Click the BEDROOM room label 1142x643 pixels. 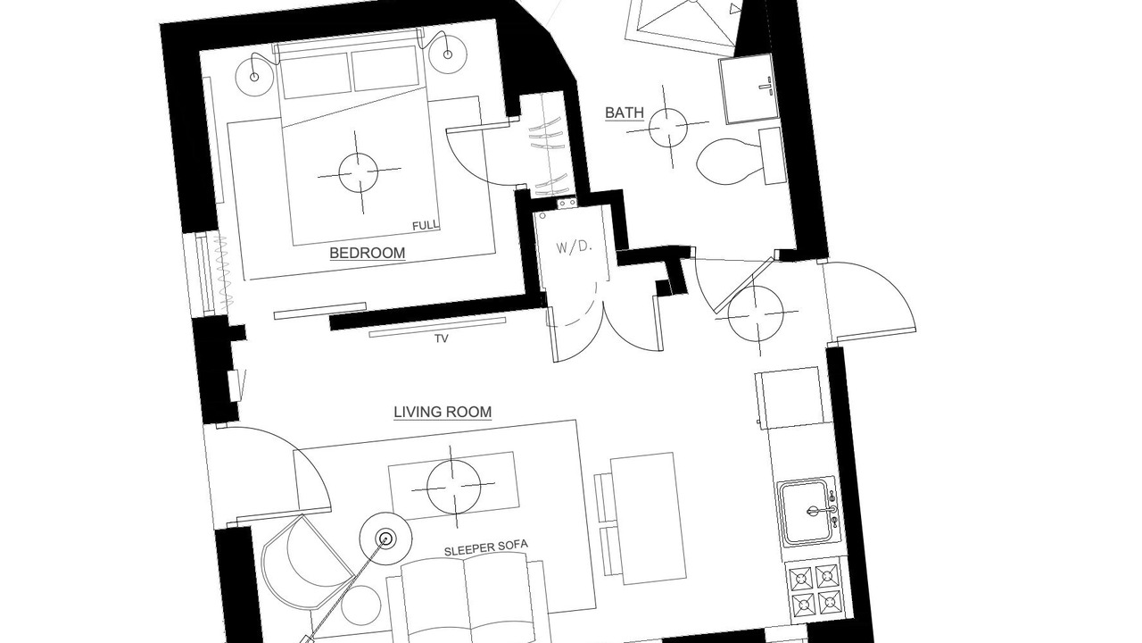367,253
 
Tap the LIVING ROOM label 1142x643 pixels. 443,412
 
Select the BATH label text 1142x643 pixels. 625,113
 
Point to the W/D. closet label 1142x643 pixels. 574,247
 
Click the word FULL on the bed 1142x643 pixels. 426,225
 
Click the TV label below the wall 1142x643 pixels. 442,338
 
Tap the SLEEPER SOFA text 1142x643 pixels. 486,547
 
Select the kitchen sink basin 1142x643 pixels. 809,512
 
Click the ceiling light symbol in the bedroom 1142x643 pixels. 359,172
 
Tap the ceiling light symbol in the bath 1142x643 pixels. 667,127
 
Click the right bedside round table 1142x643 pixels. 448,54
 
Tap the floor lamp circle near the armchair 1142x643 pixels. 386,539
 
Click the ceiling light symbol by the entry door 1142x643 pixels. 756,314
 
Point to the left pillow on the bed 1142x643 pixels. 315,76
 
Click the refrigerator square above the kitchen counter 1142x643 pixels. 790,398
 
